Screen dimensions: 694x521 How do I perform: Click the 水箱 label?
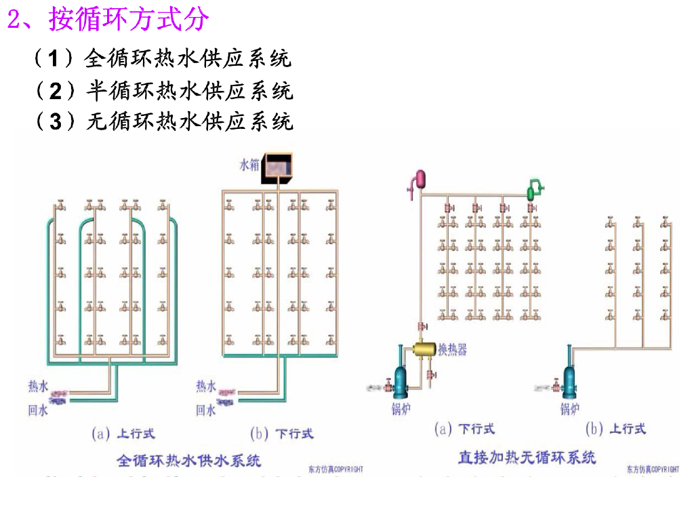tap(249, 164)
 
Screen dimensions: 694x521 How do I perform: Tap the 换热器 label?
tap(452, 349)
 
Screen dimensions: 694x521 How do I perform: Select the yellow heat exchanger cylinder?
tap(425, 349)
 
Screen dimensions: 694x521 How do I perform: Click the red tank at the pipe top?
tap(420, 178)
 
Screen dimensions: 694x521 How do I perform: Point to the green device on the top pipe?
tap(535, 188)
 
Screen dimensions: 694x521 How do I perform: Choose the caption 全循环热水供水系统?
tap(189, 461)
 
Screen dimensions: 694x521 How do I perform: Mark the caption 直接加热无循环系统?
tap(527, 457)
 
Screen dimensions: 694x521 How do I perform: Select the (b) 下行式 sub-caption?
tap(282, 432)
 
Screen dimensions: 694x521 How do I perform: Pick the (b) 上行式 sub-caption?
tap(615, 429)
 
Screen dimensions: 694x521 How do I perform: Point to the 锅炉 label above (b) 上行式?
tap(569, 409)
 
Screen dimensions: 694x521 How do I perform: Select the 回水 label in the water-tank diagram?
tap(206, 410)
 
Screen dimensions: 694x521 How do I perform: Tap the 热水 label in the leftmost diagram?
tap(38, 387)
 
